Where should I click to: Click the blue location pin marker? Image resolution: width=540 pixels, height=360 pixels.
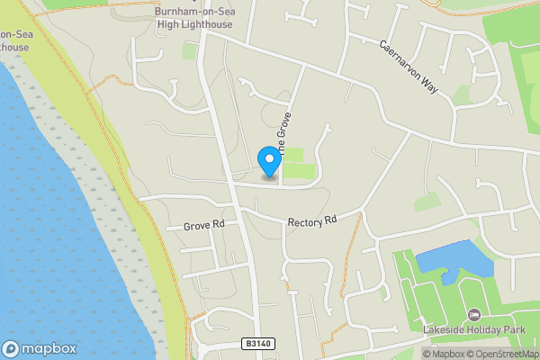[x=268, y=161]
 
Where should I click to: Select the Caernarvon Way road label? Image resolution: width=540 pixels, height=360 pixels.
[x=408, y=67]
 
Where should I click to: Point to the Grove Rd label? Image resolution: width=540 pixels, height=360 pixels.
[x=202, y=225]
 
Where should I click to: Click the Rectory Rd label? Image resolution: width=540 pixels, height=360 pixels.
[x=311, y=220]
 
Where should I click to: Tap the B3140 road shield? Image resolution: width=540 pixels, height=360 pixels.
[x=256, y=343]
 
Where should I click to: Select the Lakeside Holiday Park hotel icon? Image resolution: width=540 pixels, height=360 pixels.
[x=473, y=314]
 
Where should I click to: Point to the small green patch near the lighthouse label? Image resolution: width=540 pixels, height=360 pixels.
[x=189, y=51]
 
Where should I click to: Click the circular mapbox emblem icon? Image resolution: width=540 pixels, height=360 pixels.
[x=11, y=348]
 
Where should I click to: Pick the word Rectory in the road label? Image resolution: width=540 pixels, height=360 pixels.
[x=303, y=221]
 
